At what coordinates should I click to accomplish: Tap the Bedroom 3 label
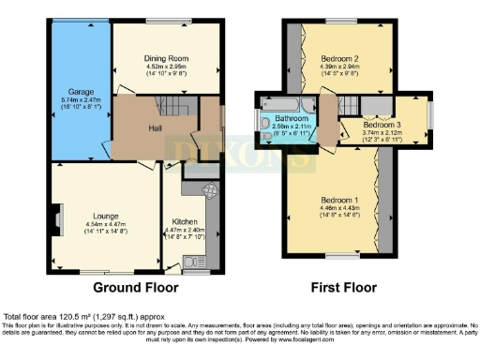[382, 125]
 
